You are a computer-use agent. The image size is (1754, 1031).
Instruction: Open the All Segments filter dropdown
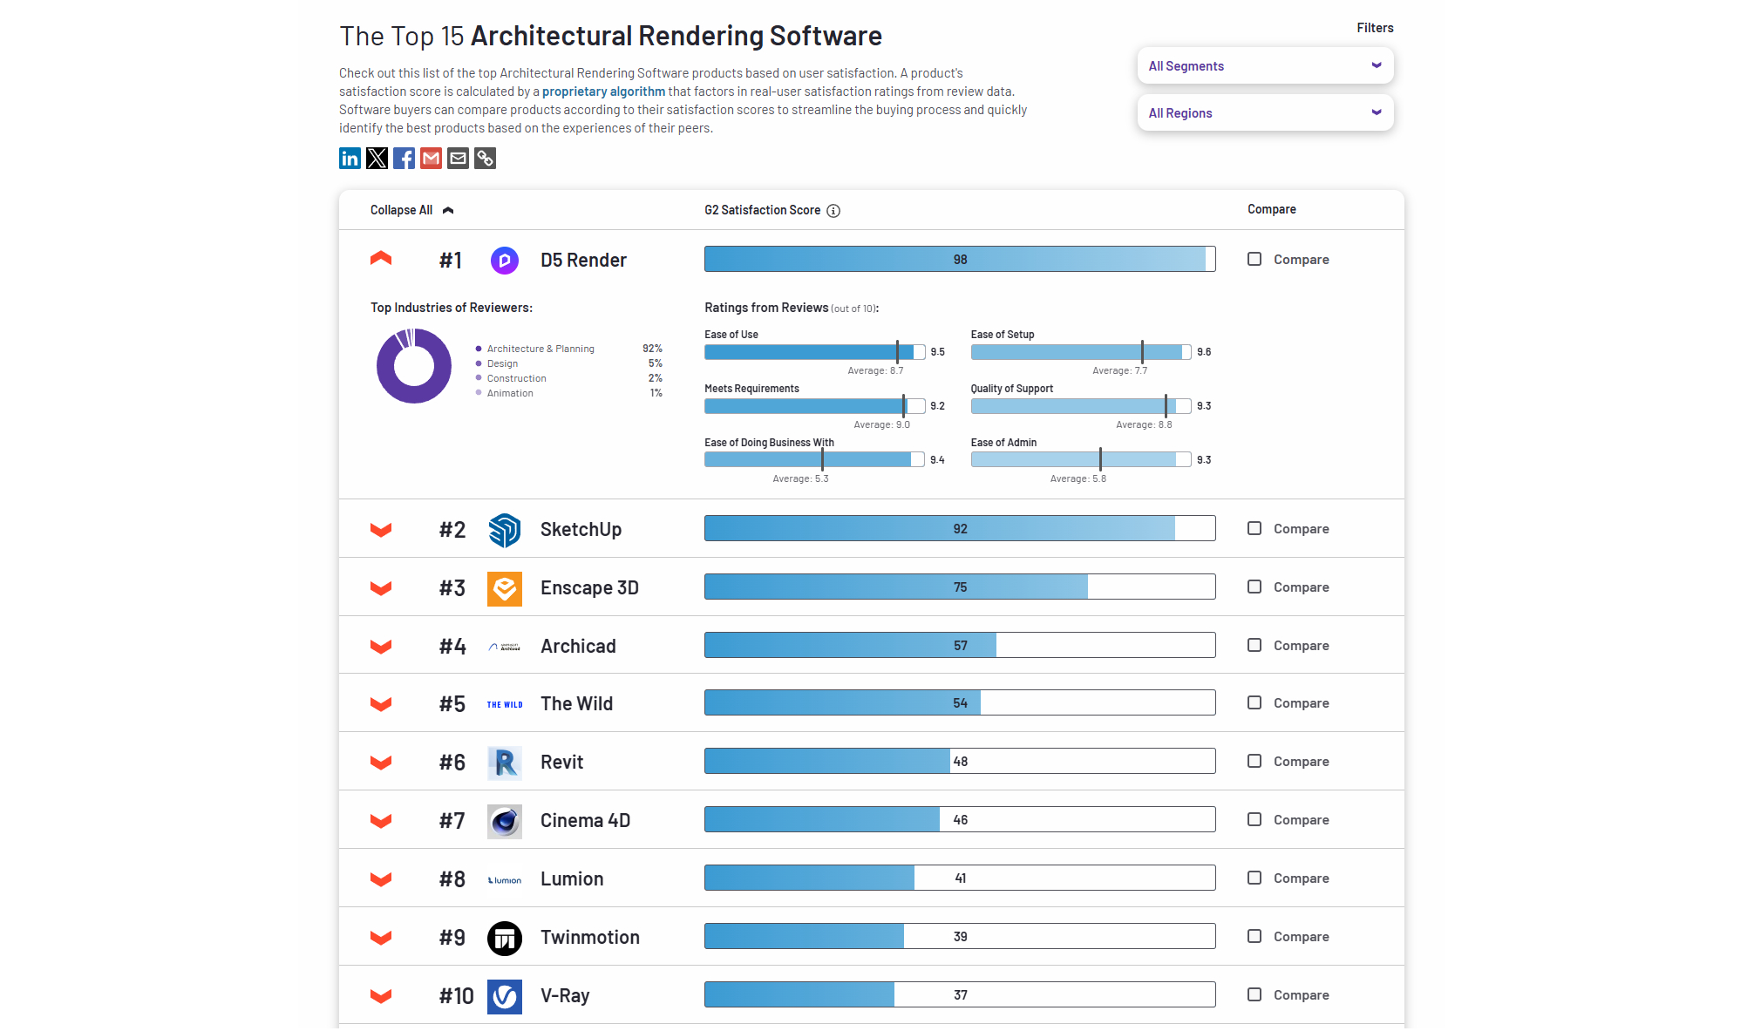(1264, 66)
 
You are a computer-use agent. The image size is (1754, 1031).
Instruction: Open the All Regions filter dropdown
(1264, 113)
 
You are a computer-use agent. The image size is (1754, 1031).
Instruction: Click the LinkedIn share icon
(350, 158)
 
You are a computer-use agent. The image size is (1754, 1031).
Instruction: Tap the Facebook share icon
(404, 158)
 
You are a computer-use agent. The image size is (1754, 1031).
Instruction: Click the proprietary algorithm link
(603, 92)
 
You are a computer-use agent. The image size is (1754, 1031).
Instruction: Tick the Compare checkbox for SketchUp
(1254, 528)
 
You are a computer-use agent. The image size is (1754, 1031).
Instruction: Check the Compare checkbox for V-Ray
(1254, 994)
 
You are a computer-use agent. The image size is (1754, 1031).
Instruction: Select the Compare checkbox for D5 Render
(1254, 259)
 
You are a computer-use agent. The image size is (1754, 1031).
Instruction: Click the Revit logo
(505, 763)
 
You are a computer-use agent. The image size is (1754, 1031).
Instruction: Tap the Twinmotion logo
(505, 938)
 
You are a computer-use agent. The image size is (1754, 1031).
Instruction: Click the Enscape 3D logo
(505, 588)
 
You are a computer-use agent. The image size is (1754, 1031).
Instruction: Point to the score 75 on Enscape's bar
(960, 587)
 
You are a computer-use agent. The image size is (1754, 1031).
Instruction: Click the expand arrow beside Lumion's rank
(381, 878)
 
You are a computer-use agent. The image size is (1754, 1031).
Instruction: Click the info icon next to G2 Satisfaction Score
(833, 211)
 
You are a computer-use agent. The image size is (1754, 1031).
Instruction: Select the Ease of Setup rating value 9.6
(1204, 352)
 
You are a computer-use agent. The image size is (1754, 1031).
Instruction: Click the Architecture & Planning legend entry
(540, 349)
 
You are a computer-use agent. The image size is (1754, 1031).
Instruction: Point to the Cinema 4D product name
(585, 821)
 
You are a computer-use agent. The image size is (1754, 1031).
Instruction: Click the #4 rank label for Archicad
(452, 647)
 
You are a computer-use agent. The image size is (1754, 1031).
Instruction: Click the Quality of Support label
(1011, 389)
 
